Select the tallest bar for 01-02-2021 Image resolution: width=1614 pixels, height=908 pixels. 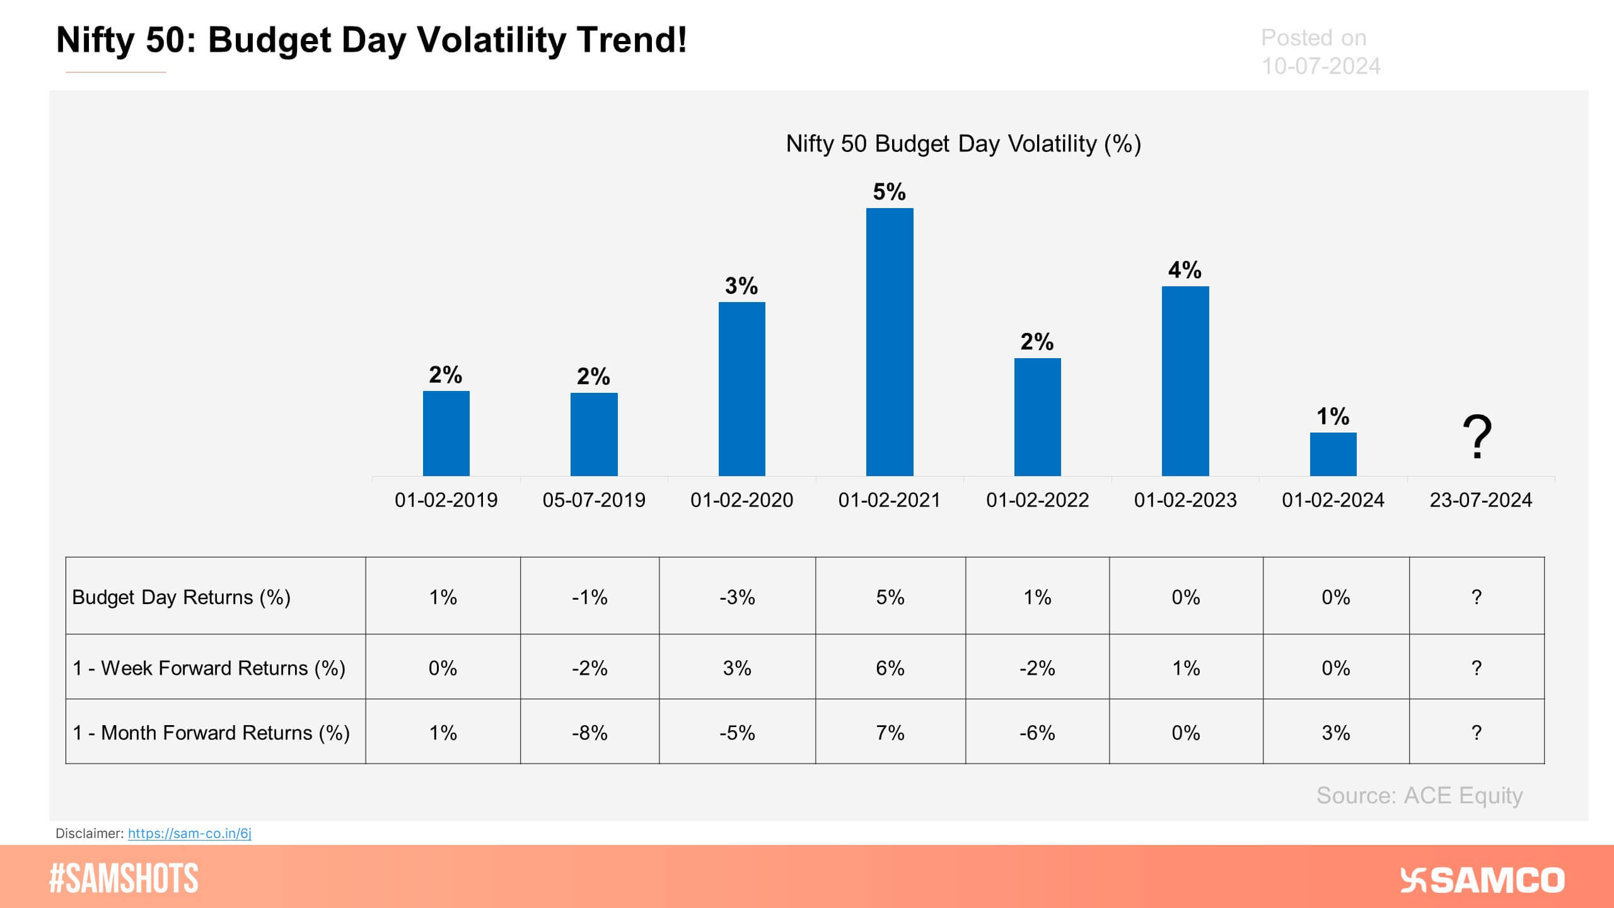(890, 342)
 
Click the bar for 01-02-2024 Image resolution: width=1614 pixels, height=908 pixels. (1333, 454)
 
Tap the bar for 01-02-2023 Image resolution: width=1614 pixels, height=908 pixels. (1185, 381)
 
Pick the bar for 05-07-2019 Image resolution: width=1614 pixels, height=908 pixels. (594, 434)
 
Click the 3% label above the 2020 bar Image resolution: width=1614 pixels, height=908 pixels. (741, 286)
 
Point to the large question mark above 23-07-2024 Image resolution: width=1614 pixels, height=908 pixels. (1477, 437)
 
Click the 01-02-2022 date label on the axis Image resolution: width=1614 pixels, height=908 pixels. (1037, 500)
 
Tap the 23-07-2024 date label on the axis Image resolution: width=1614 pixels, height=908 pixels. (1480, 500)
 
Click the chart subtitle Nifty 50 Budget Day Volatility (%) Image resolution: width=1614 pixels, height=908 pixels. (963, 144)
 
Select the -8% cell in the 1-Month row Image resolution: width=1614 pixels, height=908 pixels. (589, 733)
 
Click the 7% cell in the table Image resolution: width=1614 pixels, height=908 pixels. (890, 733)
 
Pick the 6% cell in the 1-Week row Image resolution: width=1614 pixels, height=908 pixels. (890, 668)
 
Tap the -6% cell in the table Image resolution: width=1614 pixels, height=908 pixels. (1037, 733)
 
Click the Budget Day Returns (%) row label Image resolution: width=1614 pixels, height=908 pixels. (182, 597)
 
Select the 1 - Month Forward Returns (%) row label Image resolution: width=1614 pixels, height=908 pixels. (211, 733)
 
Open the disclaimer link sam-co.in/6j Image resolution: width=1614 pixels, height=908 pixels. (190, 833)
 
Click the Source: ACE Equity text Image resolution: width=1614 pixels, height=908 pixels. (1419, 796)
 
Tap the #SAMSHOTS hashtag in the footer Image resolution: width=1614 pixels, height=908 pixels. (124, 878)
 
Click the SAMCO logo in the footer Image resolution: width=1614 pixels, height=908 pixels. (1482, 880)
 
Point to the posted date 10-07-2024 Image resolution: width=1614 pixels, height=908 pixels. (1321, 66)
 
